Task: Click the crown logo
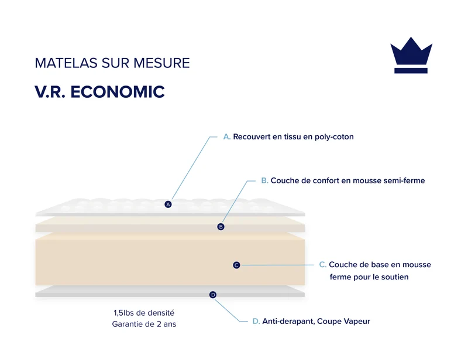(x=411, y=55)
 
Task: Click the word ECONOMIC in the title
(x=118, y=92)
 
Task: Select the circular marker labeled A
(x=168, y=204)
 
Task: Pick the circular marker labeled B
(x=221, y=227)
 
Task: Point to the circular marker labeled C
(x=236, y=265)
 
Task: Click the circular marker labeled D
(x=213, y=295)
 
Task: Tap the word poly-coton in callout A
(x=334, y=137)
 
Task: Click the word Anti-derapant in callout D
(x=288, y=322)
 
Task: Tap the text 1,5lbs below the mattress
(x=123, y=313)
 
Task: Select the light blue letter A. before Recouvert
(x=227, y=137)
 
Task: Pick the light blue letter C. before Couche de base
(x=323, y=265)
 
